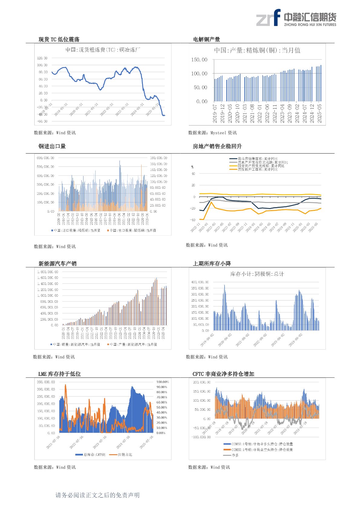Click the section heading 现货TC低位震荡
(59, 39)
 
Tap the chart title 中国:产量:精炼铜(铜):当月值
(257, 50)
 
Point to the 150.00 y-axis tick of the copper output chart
(199, 60)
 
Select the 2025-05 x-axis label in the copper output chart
(320, 114)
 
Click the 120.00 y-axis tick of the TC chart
(42, 58)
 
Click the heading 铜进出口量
(52, 146)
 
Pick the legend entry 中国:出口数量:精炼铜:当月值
(133, 230)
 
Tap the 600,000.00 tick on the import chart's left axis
(45, 158)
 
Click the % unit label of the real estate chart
(192, 167)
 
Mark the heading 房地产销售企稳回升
(217, 146)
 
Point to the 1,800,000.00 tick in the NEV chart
(47, 272)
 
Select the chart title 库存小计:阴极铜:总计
(257, 274)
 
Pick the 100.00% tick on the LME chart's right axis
(162, 382)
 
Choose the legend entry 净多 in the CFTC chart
(235, 455)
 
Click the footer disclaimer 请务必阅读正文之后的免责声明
(97, 495)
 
